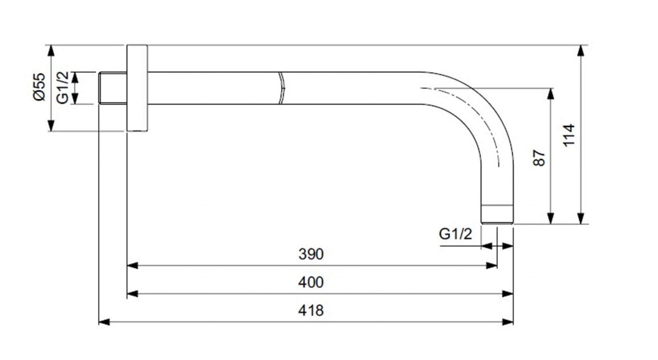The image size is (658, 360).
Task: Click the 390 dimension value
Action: [x=311, y=254]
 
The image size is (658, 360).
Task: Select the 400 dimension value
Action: [x=311, y=282]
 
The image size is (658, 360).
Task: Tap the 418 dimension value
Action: [x=311, y=310]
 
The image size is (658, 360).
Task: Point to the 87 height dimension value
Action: [x=539, y=157]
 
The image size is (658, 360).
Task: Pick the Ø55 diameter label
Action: [x=39, y=87]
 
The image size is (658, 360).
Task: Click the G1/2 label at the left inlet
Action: [x=62, y=88]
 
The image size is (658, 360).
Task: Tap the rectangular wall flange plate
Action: [x=137, y=88]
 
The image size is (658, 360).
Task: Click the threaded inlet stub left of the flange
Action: [x=112, y=88]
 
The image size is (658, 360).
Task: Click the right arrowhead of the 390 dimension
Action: [x=493, y=265]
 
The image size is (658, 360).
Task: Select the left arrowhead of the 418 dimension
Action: [x=103, y=321]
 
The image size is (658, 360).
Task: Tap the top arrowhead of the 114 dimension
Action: [x=582, y=50]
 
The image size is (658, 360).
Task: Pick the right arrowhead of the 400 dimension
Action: [x=509, y=293]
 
